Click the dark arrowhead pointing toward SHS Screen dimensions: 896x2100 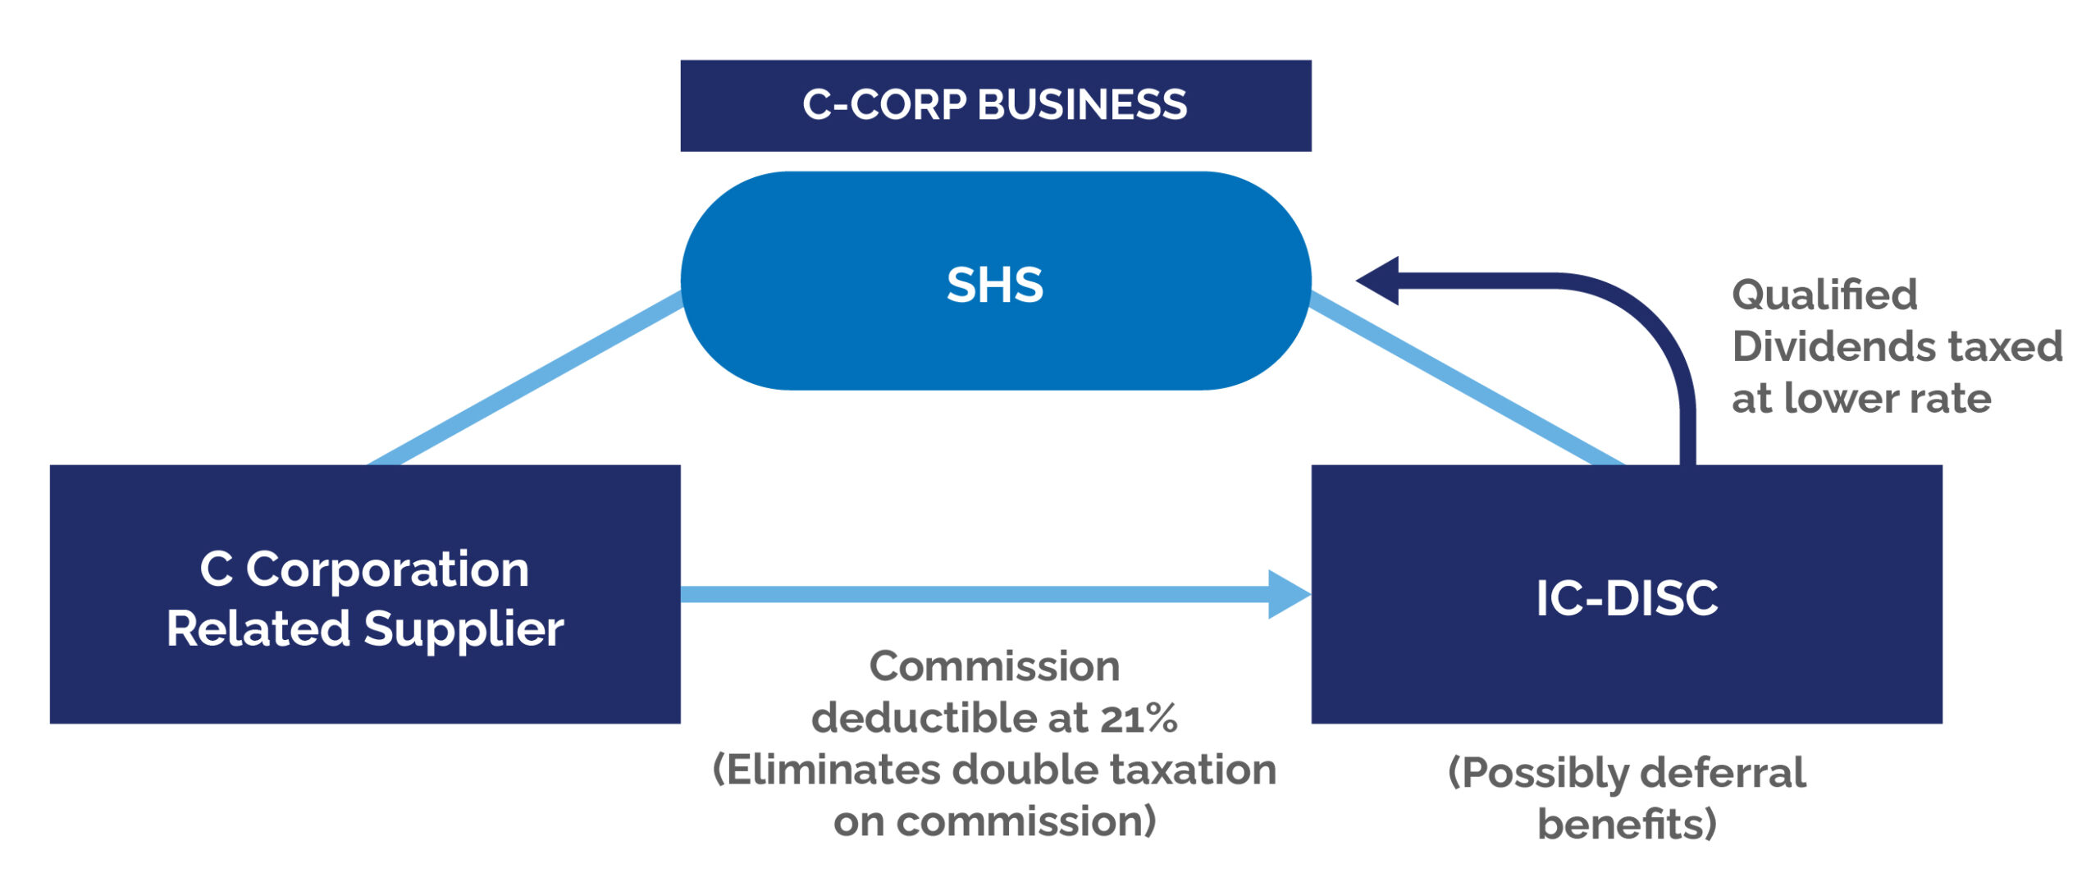point(1380,281)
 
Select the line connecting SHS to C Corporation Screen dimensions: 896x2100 point(525,381)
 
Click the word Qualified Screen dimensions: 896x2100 point(1824,295)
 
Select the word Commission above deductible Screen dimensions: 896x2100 point(994,666)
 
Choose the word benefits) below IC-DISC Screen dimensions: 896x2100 point(1627,824)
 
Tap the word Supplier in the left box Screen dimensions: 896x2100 point(463,629)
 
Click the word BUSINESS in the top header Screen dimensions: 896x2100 point(1082,105)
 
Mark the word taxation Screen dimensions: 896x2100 point(1193,770)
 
